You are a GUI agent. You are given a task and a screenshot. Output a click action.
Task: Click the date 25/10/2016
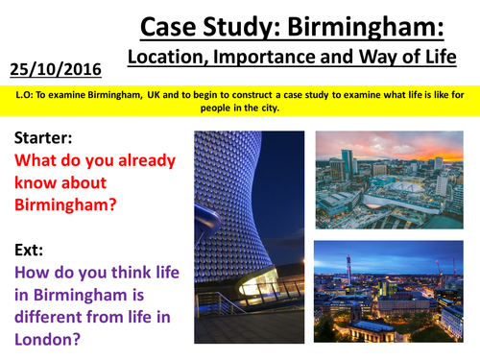60,67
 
